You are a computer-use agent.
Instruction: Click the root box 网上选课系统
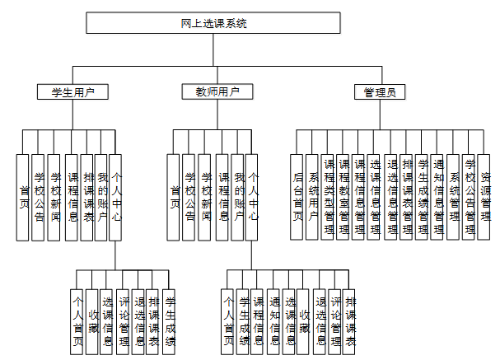tap(213, 23)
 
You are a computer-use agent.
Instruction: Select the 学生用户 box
tap(73, 91)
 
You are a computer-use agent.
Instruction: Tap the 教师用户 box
tap(213, 91)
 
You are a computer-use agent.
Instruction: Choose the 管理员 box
tap(379, 91)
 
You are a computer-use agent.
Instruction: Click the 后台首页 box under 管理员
tap(297, 196)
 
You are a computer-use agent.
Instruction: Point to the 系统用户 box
tap(313, 196)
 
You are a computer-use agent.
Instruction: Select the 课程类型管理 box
tap(329, 196)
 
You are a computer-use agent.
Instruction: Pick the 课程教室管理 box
tap(344, 196)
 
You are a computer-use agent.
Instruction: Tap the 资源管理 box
tap(486, 196)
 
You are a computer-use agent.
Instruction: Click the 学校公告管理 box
tap(470, 196)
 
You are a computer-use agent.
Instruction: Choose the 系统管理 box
tap(455, 196)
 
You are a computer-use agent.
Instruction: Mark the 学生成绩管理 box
tap(423, 196)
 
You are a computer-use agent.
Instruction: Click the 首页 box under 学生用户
tap(23, 196)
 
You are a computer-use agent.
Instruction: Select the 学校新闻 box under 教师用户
tap(206, 196)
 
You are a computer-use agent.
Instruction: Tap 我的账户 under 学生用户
tap(102, 196)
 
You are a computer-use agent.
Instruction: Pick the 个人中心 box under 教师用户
tap(253, 196)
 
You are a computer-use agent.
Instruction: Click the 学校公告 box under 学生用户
tap(39, 196)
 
